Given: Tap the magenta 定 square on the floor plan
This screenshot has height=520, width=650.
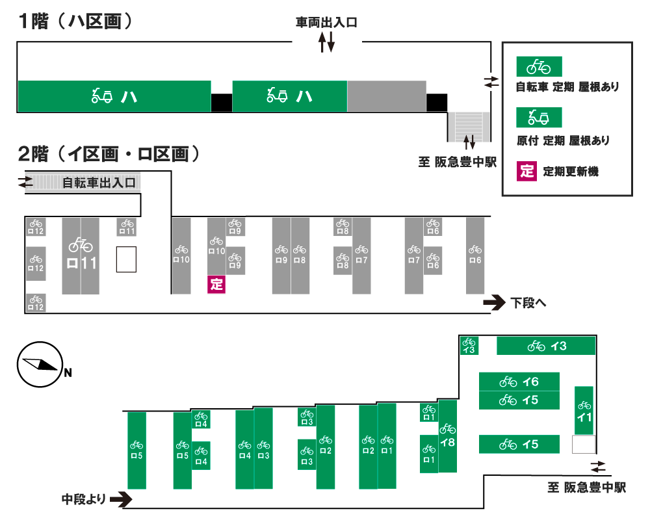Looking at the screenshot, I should (216, 284).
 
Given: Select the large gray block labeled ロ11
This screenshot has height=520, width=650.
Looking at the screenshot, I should (81, 255).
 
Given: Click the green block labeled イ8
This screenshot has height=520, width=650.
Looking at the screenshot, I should (448, 436).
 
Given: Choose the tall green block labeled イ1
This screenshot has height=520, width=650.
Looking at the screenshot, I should (584, 410).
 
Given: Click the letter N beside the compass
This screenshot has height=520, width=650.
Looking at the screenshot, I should (68, 373).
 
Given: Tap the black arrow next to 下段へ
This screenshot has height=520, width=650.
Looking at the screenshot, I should (494, 302).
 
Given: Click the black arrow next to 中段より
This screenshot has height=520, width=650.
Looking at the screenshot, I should (121, 499).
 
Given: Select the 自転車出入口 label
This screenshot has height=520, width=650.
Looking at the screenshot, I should (99, 183).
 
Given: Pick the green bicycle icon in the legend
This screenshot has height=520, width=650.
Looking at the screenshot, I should (538, 66).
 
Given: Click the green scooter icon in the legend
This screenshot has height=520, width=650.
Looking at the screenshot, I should (538, 118).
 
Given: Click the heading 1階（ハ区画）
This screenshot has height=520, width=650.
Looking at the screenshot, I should (75, 21).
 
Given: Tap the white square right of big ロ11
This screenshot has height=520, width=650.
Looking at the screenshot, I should (126, 259).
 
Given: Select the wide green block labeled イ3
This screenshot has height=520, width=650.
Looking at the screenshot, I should (546, 346).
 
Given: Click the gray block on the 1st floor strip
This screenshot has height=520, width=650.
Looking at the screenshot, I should (386, 96).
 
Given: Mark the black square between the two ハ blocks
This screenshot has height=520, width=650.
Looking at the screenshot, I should (222, 102).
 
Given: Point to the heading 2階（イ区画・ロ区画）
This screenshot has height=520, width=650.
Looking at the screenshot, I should (108, 155).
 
